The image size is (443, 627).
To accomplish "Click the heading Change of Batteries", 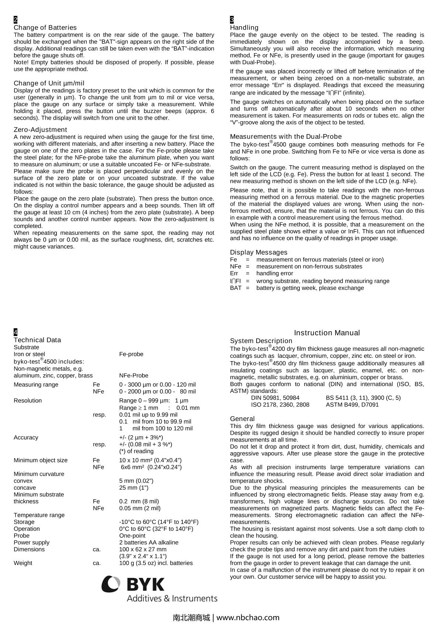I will (45, 28).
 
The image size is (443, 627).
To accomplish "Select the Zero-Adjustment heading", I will (40, 130).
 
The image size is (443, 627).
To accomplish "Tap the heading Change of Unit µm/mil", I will (49, 83).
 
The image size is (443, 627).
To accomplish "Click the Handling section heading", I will (244, 28).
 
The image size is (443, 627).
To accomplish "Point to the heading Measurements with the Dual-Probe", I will (286, 137).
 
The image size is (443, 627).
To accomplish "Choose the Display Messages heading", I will (258, 253).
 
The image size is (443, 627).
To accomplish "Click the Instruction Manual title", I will (327, 333).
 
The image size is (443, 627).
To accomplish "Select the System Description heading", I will (261, 341).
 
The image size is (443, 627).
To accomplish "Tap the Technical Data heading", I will (37, 340).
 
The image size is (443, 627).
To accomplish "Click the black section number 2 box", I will (16, 20).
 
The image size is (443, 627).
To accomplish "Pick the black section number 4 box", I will (16, 332).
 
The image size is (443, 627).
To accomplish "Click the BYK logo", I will (159, 589).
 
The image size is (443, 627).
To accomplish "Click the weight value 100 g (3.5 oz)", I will (156, 563).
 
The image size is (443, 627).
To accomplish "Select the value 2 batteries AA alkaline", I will (149, 542).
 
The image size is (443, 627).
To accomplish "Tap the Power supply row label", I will (31, 542).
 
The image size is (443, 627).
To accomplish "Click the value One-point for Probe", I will (132, 536).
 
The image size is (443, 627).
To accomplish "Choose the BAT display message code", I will (236, 288).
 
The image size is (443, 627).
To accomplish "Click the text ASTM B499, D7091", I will (352, 405).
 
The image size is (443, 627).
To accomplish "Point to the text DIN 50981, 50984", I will (275, 398).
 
